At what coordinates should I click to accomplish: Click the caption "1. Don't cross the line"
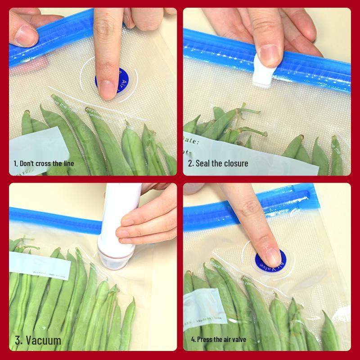44,163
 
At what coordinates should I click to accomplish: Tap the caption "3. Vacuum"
38,340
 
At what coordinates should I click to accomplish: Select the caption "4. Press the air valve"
218,339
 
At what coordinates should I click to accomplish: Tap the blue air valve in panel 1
112,82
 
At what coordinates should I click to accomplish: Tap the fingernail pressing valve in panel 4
272,257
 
